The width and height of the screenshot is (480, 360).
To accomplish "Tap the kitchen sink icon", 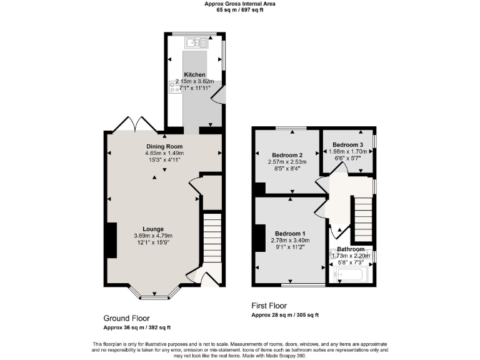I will click(196, 42).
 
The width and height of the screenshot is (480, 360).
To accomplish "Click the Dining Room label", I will click(164, 146).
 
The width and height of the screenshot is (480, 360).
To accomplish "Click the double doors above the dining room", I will click(136, 123).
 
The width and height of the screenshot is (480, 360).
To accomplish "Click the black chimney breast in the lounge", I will click(111, 240).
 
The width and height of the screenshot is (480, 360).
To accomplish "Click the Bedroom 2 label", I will click(287, 155).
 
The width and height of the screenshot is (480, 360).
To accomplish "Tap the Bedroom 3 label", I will click(347, 144).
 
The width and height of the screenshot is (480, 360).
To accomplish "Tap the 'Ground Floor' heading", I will click(126, 318).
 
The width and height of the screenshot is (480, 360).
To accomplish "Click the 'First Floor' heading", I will click(269, 306).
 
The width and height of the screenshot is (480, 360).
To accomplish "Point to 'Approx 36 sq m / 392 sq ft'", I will click(137, 327).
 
